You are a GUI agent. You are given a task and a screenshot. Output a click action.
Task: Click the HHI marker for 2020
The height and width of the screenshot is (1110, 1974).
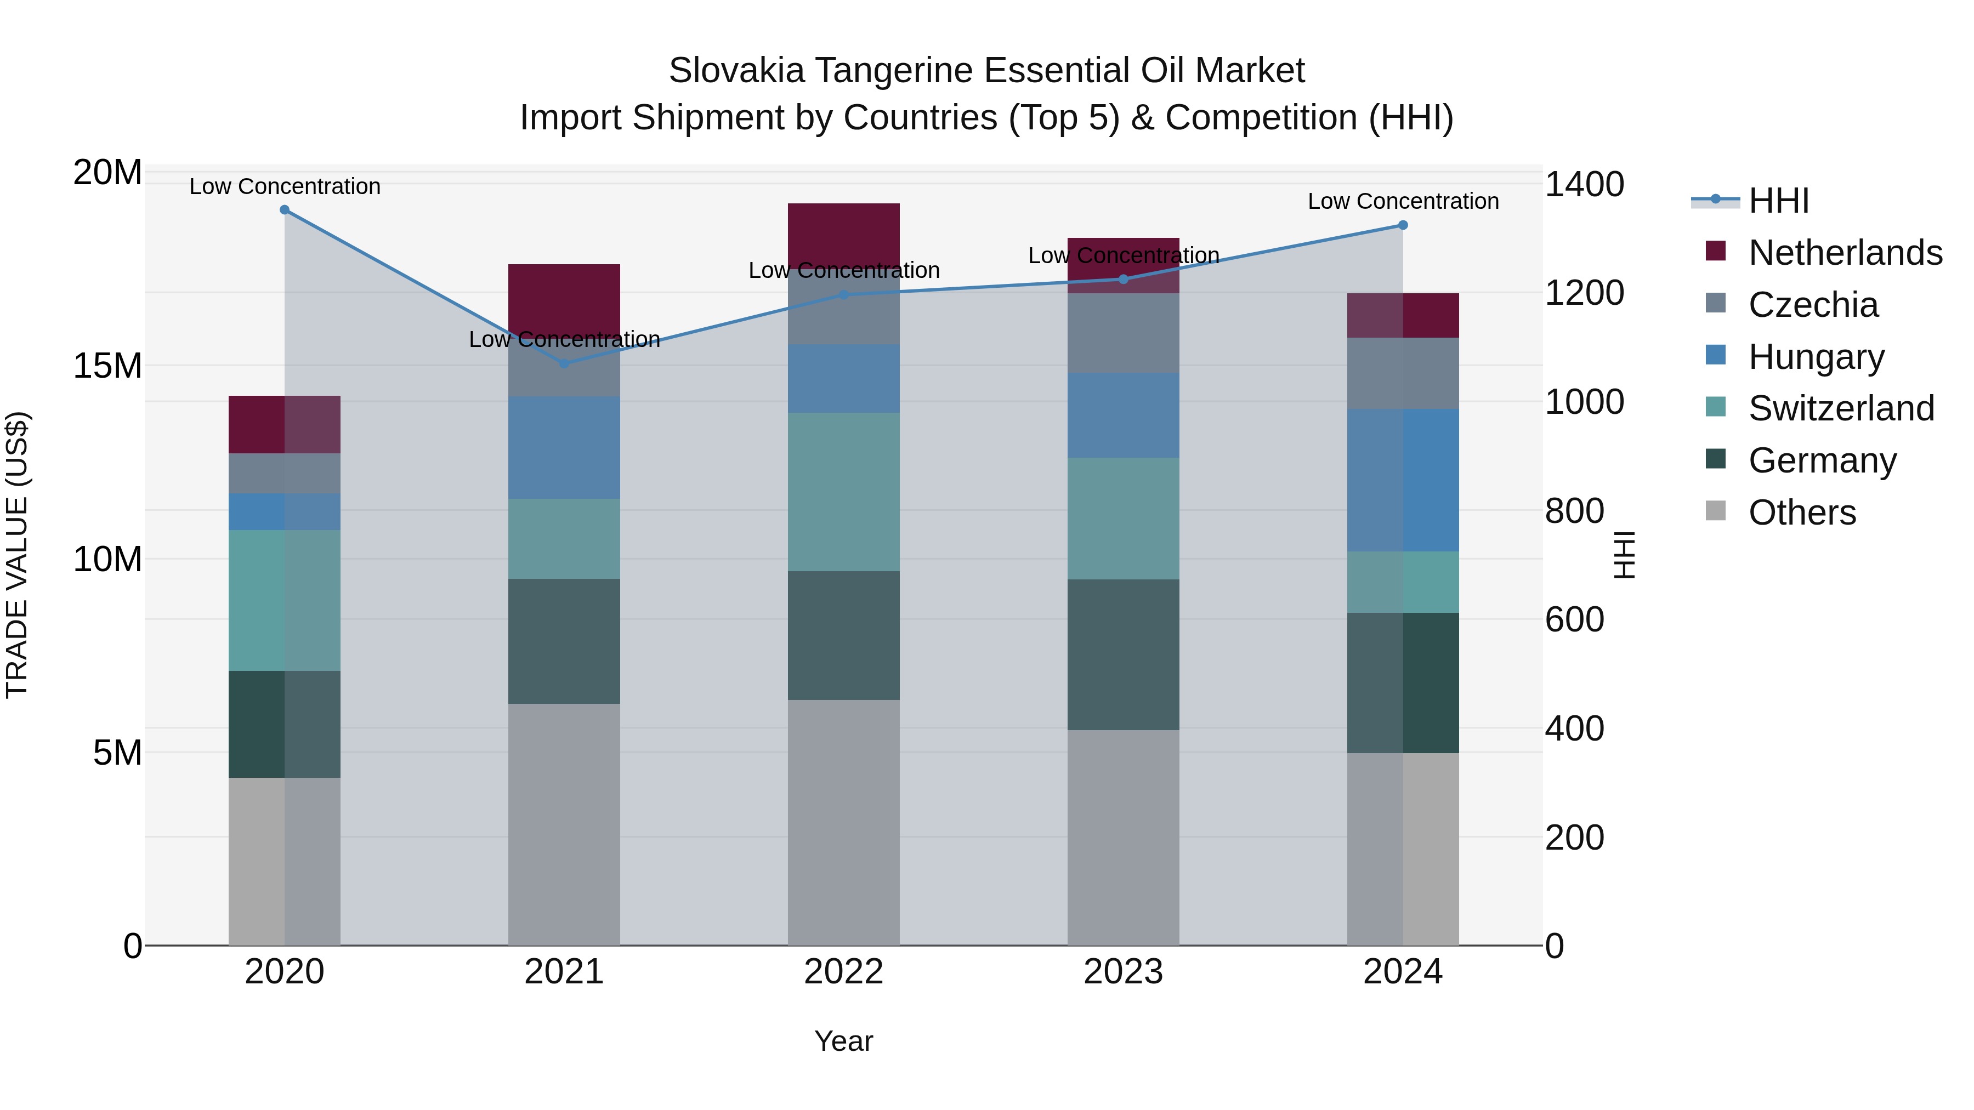coord(284,210)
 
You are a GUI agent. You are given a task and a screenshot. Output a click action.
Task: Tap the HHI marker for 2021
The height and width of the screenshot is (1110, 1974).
coord(565,364)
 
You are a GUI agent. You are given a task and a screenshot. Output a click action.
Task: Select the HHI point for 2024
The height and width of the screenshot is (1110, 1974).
coord(1403,225)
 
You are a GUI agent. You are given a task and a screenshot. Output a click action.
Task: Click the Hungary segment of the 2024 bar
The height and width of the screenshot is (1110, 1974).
coord(1403,480)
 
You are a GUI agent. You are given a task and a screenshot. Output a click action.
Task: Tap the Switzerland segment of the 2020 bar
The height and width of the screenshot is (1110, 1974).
coord(284,601)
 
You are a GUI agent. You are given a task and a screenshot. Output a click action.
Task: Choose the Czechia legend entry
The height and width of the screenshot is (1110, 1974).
coord(1813,305)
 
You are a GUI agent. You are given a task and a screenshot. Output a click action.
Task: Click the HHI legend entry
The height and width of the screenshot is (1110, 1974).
coord(1778,201)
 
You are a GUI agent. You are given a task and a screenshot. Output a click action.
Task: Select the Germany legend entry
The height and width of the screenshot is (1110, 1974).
coord(1822,460)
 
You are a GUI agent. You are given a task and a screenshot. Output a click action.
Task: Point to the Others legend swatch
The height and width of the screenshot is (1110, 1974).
coord(1716,511)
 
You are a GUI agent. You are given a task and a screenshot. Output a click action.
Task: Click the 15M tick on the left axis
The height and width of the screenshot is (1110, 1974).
coord(107,366)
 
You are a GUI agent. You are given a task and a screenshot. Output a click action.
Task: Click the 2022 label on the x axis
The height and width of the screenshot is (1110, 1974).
coord(844,972)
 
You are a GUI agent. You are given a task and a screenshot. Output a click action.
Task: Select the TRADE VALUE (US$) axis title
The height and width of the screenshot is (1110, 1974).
coord(17,555)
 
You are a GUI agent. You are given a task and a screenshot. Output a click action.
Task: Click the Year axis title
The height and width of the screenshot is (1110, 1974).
coord(844,1041)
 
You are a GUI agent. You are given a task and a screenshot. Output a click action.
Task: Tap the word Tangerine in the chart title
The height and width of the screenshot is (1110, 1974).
coord(894,71)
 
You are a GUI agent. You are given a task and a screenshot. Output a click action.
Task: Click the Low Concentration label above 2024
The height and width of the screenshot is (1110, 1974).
coord(1403,202)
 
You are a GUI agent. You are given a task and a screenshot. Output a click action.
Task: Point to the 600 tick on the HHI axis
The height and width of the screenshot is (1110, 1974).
coord(1574,620)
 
